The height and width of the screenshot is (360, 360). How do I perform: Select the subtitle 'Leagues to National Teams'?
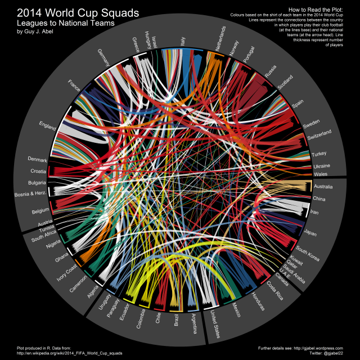pos(66,24)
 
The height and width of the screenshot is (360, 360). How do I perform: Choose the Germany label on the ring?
pos(105,58)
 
